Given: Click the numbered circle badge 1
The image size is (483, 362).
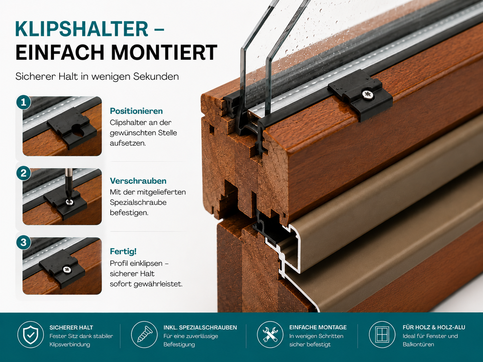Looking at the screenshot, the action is pyautogui.click(x=24, y=102).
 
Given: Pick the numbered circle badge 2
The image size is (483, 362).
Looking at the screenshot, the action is pyautogui.click(x=24, y=173).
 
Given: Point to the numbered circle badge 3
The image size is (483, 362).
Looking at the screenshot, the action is pyautogui.click(x=24, y=242).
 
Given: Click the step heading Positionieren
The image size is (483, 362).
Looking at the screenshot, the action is pyautogui.click(x=136, y=111).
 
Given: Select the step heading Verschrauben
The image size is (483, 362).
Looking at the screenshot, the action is pyautogui.click(x=138, y=181).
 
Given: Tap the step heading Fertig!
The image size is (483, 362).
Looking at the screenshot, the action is pyautogui.click(x=123, y=251).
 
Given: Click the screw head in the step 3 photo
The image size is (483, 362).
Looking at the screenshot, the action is pyautogui.click(x=67, y=269).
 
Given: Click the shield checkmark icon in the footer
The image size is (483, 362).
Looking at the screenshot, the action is pyautogui.click(x=31, y=335).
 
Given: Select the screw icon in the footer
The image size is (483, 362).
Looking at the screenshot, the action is pyautogui.click(x=144, y=335).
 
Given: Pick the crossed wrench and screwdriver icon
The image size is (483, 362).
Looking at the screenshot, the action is pyautogui.click(x=270, y=335).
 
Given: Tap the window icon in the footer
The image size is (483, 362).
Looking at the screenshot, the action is pyautogui.click(x=382, y=335).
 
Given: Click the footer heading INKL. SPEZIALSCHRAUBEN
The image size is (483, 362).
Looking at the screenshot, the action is pyautogui.click(x=200, y=327).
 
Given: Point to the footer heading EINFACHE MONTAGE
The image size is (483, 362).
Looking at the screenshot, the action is pyautogui.click(x=318, y=327).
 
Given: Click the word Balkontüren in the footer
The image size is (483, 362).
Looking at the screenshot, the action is pyautogui.click(x=418, y=344).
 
